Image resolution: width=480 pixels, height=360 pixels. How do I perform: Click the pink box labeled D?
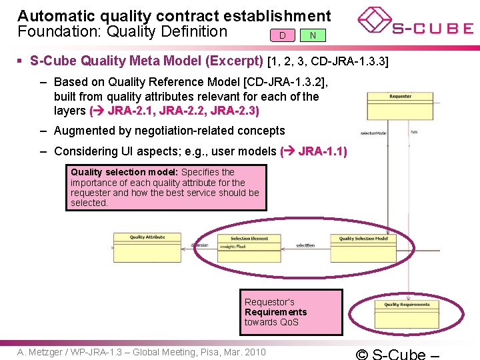click(283, 35)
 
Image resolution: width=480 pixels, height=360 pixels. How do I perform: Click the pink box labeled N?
click(313, 35)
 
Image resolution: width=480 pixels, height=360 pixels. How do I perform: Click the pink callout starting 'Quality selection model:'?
click(165, 187)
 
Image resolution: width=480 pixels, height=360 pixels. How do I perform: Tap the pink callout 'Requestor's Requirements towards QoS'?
click(293, 312)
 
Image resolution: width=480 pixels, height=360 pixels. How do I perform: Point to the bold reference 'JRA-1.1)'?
click(323, 151)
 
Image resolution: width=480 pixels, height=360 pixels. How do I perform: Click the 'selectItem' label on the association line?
click(305, 245)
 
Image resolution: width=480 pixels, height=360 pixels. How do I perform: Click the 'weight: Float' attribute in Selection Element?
click(233, 246)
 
